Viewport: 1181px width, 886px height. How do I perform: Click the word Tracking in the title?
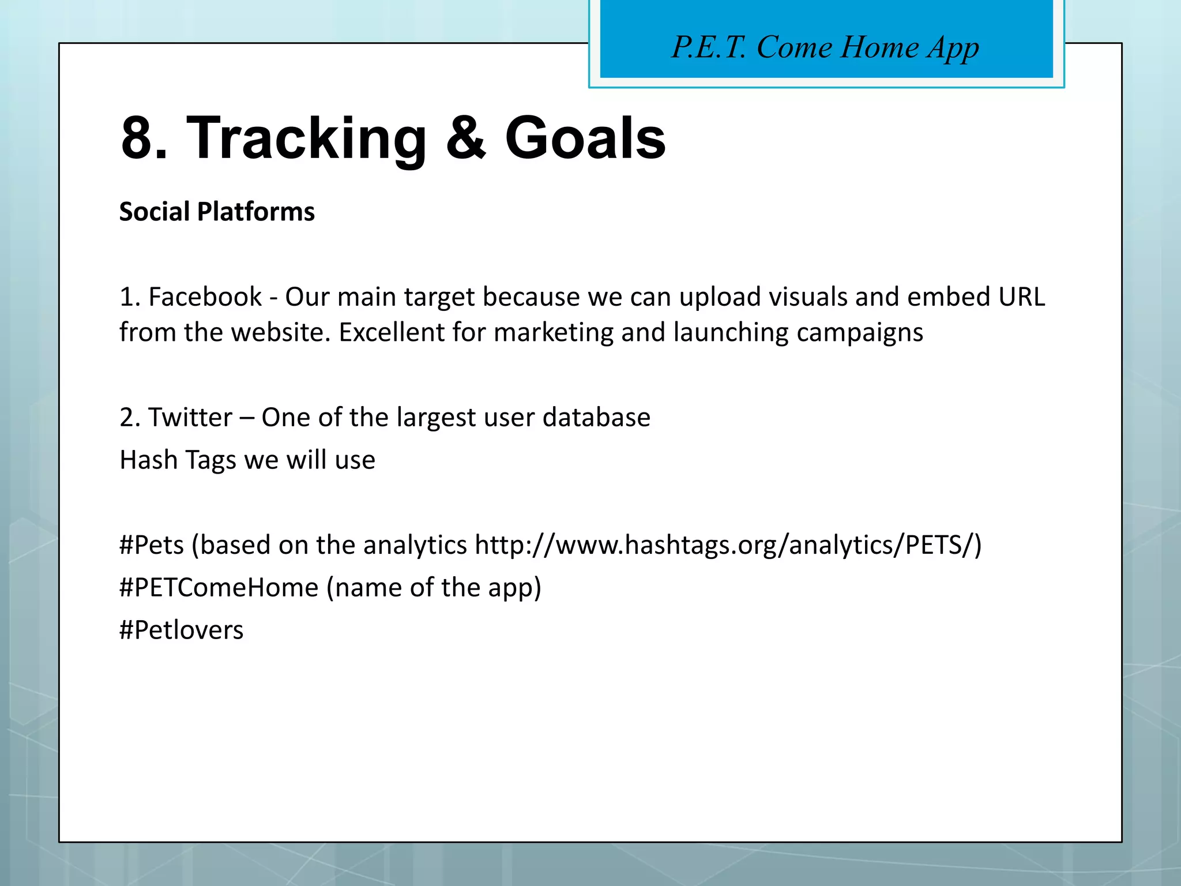[x=306, y=138]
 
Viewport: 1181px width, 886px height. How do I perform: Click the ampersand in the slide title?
[x=466, y=138]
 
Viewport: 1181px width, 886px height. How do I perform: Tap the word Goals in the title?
[x=585, y=138]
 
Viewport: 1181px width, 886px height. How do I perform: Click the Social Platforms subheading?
[x=217, y=212]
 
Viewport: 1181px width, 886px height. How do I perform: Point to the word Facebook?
[x=205, y=297]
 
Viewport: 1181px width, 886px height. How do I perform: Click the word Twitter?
[x=190, y=417]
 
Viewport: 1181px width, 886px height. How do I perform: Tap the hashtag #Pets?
[x=152, y=545]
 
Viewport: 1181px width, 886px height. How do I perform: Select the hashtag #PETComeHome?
[x=219, y=588]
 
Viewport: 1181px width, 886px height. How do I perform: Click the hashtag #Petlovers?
[x=181, y=630]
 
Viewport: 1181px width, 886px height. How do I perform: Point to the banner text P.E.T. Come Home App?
[x=825, y=47]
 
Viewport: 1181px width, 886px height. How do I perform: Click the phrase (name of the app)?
[x=434, y=588]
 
